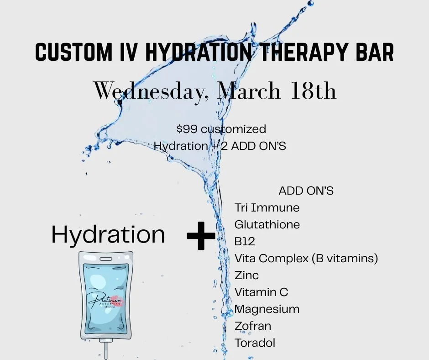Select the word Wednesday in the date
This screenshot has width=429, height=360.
[152, 91]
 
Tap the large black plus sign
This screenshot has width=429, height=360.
[201, 236]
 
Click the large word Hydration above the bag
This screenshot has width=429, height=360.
[108, 234]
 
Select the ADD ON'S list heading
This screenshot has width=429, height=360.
[306, 191]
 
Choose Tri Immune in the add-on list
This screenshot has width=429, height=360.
[267, 207]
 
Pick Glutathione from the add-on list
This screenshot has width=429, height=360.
[267, 224]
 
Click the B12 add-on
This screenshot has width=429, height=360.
[245, 241]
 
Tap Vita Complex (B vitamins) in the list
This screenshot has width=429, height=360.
[306, 258]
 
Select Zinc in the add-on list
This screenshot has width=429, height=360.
[246, 275]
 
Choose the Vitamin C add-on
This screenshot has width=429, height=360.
[261, 292]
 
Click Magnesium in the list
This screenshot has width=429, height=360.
[267, 309]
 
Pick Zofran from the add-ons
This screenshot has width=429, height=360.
[253, 326]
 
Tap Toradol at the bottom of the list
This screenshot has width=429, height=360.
[255, 343]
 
